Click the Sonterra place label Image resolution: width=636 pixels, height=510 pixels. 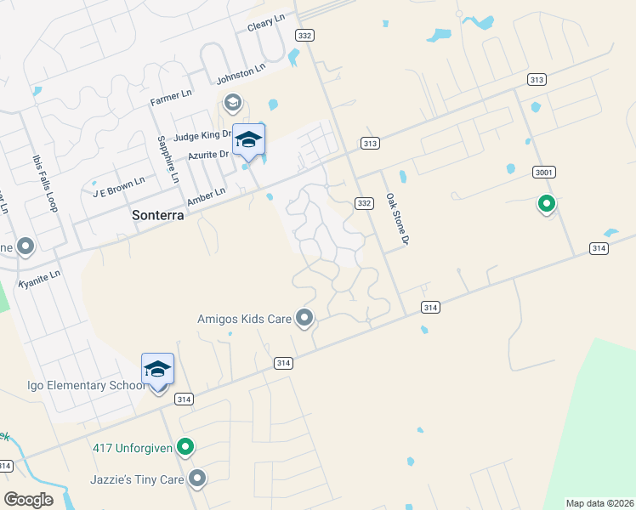[x=158, y=216]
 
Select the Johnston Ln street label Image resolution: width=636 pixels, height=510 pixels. [x=241, y=76]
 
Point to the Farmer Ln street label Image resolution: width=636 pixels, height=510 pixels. [x=172, y=100]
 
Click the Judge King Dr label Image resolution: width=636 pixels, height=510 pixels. [x=202, y=135]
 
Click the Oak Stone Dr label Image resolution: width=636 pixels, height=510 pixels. [x=397, y=219]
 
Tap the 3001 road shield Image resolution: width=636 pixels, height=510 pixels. [x=543, y=173]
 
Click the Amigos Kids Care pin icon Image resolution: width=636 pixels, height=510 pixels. [x=305, y=319]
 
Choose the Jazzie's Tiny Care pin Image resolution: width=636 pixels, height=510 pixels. [x=198, y=479]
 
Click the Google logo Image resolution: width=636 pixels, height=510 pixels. [x=28, y=500]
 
